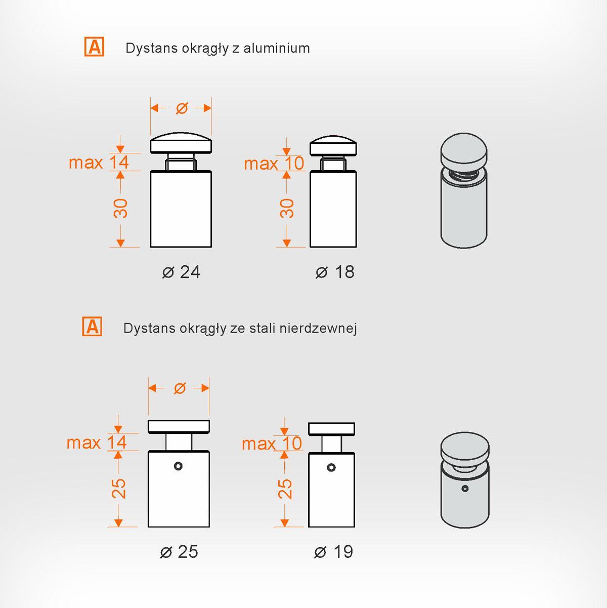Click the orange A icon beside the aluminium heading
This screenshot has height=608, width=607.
tap(94, 47)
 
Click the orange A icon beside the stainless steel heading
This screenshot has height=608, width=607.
tap(92, 327)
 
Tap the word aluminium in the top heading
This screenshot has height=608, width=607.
tap(277, 48)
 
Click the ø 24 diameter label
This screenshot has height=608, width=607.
tap(181, 272)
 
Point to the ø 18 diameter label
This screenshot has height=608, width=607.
tap(335, 272)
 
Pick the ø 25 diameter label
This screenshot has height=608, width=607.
tap(179, 552)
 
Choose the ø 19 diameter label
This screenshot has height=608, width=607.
tap(334, 552)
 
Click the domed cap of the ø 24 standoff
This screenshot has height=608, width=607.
tap(181, 143)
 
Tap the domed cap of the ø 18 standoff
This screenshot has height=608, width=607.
tap(333, 146)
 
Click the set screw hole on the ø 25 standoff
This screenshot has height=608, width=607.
tap(178, 466)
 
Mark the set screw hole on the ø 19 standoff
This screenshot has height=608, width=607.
tap(331, 467)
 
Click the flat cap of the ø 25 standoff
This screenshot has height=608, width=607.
tap(179, 427)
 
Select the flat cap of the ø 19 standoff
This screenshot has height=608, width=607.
tap(331, 429)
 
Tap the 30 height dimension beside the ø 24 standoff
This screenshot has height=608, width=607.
tap(120, 209)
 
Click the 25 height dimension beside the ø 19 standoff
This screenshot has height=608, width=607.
tap(285, 489)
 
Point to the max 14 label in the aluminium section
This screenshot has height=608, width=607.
tap(99, 163)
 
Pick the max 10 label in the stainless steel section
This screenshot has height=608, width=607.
tap(272, 443)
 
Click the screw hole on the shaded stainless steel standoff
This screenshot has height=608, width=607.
tap(465, 489)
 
